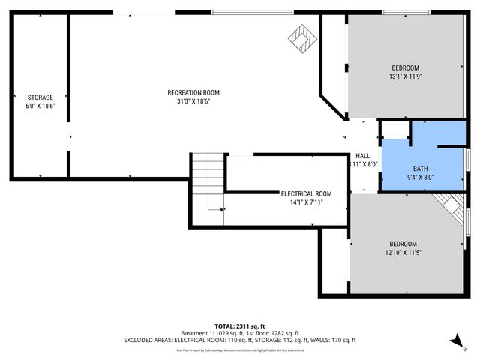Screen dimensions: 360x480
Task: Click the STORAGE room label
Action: coord(40,97)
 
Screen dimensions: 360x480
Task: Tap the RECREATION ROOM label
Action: coord(193,93)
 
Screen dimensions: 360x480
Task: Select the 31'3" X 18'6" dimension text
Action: coord(193,101)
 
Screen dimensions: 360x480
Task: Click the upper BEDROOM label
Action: coord(405,68)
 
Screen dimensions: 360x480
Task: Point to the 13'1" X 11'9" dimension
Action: coord(405,76)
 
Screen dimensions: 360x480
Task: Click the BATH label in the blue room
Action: coord(421,169)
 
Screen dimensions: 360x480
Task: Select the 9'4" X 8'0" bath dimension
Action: coord(421,178)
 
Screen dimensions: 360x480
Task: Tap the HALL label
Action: coord(362,156)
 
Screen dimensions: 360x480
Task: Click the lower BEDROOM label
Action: coord(403,244)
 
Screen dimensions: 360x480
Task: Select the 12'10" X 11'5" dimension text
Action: coord(403,253)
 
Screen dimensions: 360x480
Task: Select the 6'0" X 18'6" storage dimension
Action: coord(40,106)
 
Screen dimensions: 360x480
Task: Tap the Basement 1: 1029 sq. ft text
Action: coord(208,333)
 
